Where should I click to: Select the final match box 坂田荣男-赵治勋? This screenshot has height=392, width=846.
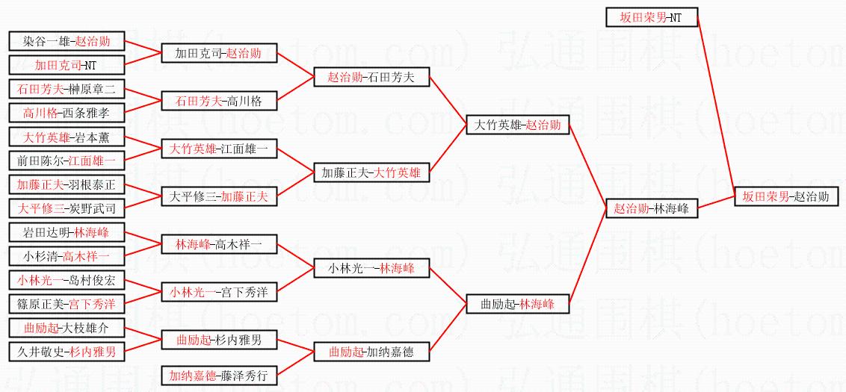coord(785,197)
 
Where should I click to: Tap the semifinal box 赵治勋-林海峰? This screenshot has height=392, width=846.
coord(651,209)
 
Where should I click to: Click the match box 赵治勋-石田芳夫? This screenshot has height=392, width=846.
coord(371,77)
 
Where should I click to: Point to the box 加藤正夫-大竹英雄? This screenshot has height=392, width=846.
coord(371,173)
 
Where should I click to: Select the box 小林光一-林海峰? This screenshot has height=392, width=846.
coord(371,268)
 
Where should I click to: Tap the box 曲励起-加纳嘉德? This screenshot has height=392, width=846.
coord(371,352)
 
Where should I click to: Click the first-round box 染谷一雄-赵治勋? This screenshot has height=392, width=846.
coord(67,41)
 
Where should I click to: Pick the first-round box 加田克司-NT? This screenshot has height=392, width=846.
coord(67,65)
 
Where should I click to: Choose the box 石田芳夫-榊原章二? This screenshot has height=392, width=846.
coord(67,89)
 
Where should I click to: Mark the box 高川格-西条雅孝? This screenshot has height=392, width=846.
coord(67,113)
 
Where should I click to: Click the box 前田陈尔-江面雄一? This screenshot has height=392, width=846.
coord(67,161)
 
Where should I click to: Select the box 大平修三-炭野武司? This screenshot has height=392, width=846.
coord(67,208)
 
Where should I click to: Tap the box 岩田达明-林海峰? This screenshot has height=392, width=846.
coord(67,232)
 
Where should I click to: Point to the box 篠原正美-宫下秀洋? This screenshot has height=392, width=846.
coord(67,304)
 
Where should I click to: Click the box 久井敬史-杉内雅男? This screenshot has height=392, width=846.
coord(67,352)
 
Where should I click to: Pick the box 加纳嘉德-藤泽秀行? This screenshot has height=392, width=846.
coord(219,376)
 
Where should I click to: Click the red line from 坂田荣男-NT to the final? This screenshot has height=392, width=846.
coord(715,105)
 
